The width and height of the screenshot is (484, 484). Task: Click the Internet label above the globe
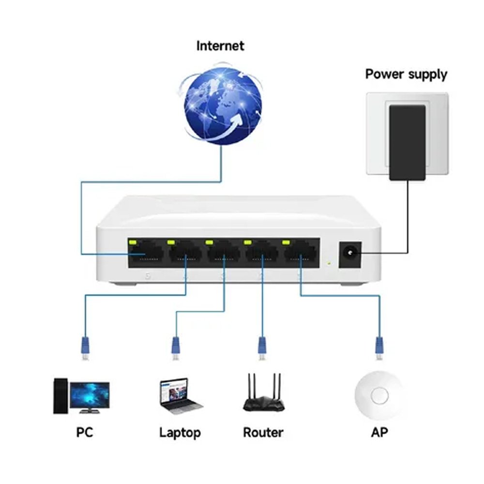(x=220, y=46)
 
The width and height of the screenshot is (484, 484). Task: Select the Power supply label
(x=406, y=75)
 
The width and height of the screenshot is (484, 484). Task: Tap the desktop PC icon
(x=81, y=396)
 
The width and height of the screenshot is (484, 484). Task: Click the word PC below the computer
(x=84, y=432)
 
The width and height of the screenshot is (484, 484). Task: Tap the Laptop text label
(x=180, y=432)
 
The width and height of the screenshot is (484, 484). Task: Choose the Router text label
(x=263, y=432)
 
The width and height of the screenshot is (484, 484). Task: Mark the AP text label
(x=379, y=432)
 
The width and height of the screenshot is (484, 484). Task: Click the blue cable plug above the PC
(x=85, y=346)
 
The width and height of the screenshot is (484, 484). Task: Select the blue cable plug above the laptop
(x=176, y=346)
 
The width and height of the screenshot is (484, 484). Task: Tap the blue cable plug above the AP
(x=379, y=346)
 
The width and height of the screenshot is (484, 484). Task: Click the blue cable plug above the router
(x=262, y=346)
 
